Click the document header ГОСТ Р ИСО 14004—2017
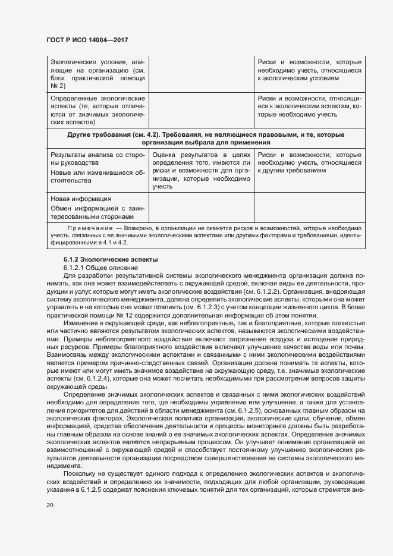click(x=87, y=40)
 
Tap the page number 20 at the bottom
click(x=50, y=505)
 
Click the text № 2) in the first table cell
click(x=58, y=86)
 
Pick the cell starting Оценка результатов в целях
click(x=201, y=170)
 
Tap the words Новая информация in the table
click(x=81, y=199)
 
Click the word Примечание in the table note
click(x=88, y=228)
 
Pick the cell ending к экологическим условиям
click(x=309, y=70)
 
